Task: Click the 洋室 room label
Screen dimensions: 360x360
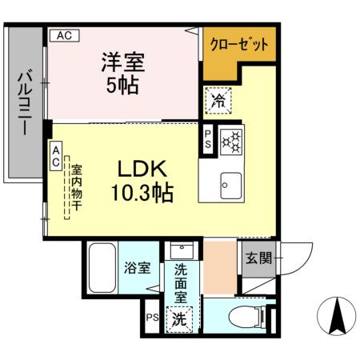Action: click(x=122, y=62)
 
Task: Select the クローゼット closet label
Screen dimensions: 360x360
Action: click(x=238, y=44)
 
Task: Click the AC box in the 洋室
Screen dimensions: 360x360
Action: click(x=66, y=35)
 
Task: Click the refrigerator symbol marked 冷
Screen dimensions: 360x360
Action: click(x=218, y=101)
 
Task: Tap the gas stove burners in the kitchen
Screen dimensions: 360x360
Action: click(x=231, y=141)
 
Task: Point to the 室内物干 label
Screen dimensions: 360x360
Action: click(x=77, y=188)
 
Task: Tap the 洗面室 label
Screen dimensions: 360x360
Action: click(x=182, y=282)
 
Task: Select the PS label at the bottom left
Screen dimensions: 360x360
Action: click(x=151, y=318)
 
